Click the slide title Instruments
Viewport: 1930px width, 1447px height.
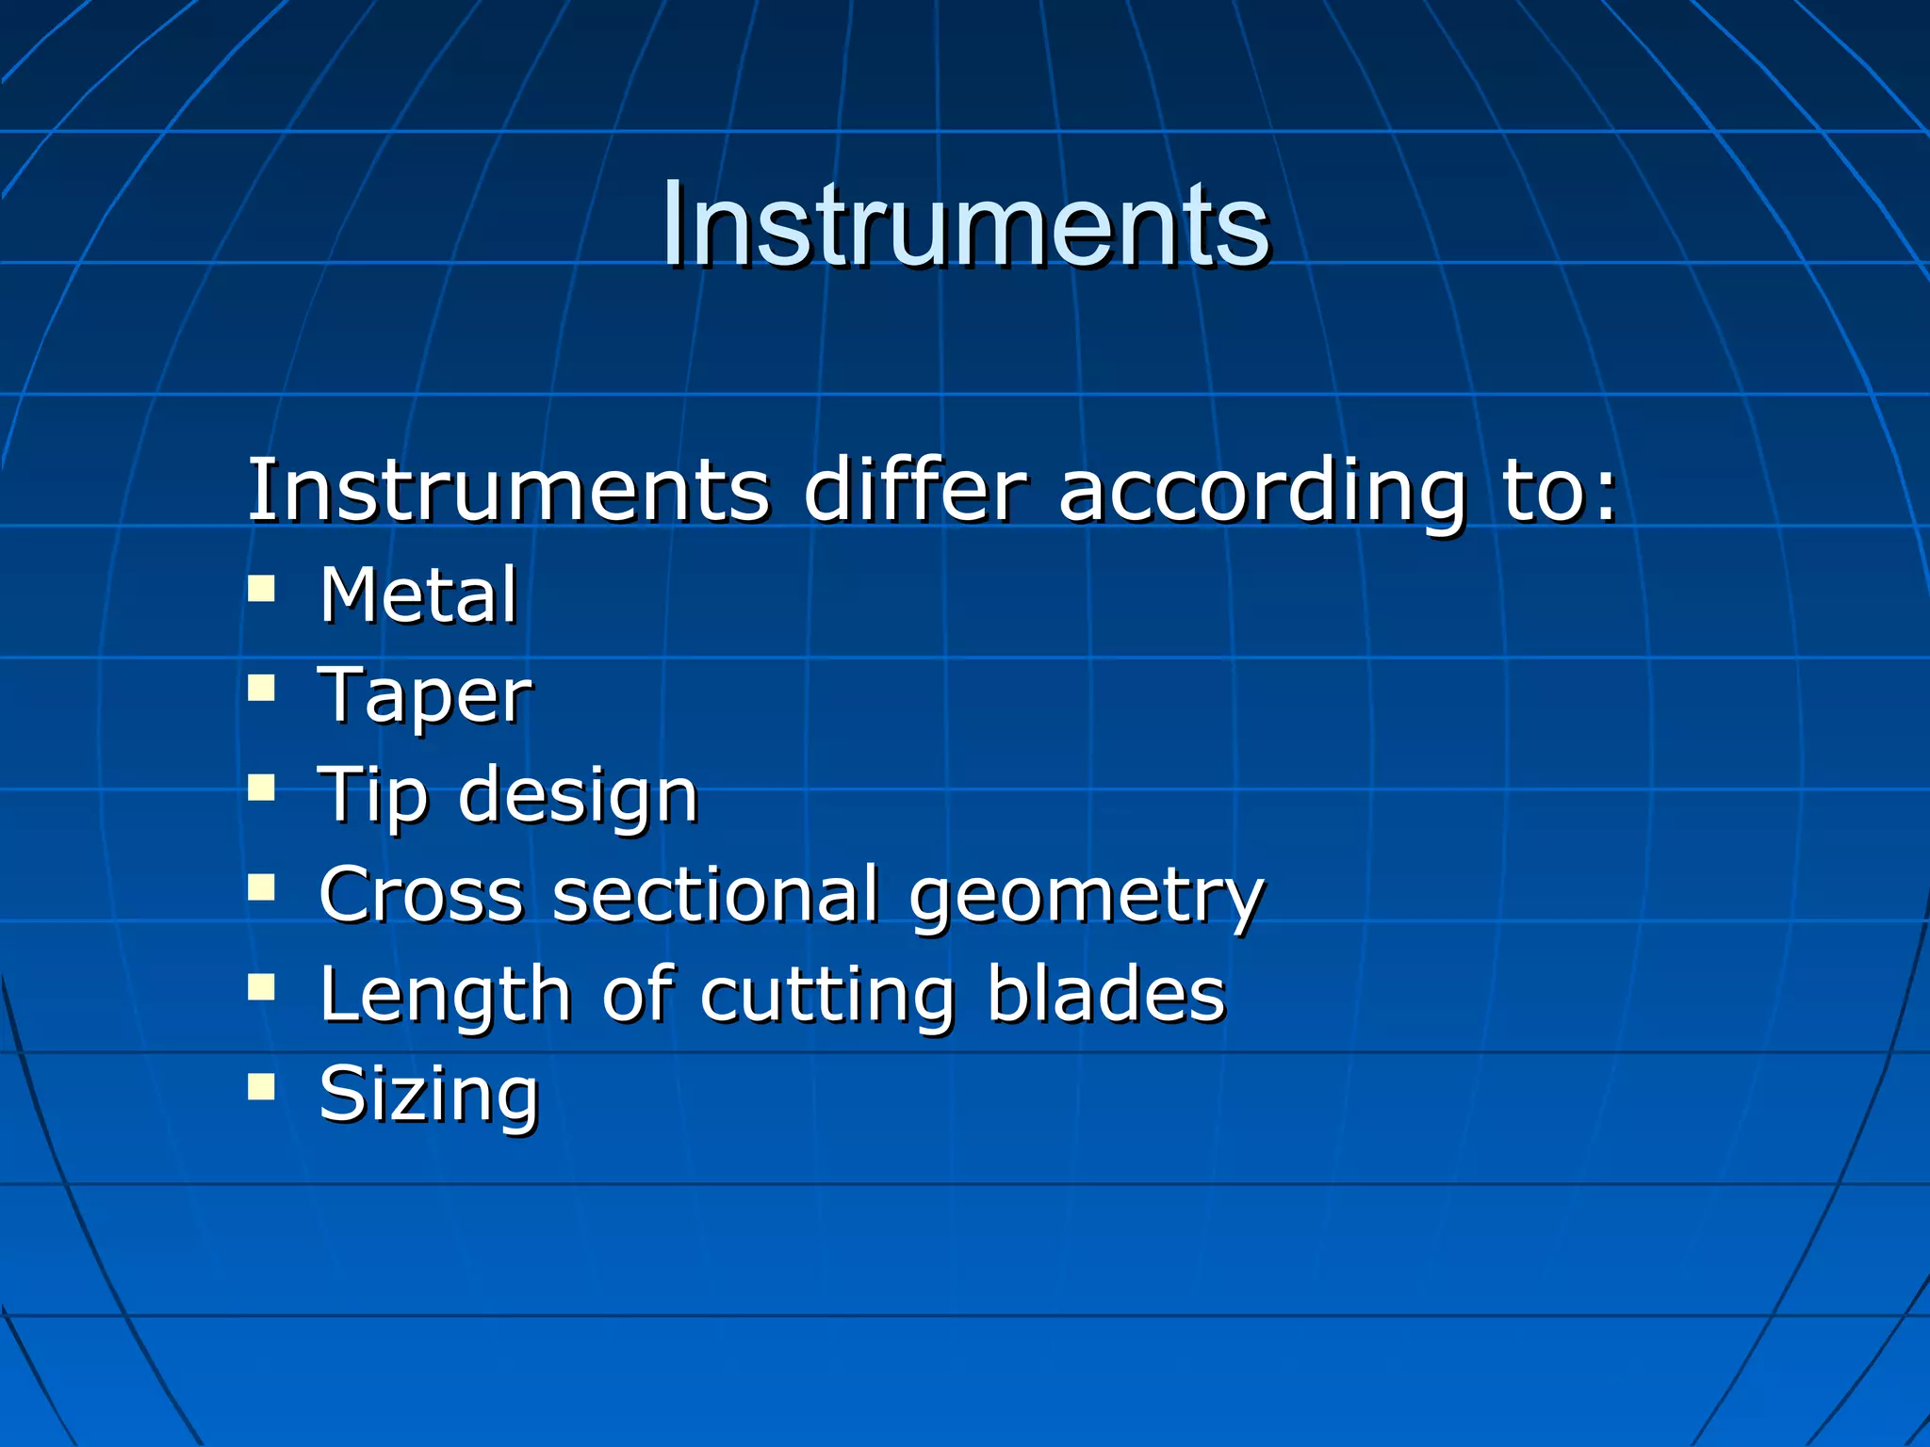point(965,226)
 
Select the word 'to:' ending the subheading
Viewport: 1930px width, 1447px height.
point(1560,492)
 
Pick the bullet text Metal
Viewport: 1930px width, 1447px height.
point(418,595)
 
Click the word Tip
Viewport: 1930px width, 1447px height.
point(373,797)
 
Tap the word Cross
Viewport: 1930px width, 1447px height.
point(421,895)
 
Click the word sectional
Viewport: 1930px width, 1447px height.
point(716,895)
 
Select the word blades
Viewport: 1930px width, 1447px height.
point(1106,995)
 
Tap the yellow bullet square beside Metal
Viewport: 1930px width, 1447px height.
point(261,591)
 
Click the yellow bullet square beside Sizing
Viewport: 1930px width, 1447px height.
point(261,1088)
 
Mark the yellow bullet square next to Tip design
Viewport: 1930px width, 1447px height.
point(261,788)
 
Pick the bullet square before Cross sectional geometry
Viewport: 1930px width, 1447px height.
point(261,887)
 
